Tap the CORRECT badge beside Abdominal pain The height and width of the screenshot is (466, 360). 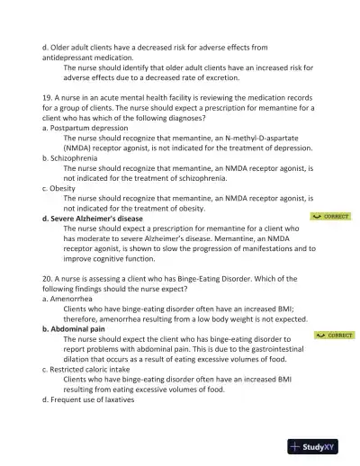[x=334, y=335]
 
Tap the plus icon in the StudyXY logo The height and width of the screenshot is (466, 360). [x=295, y=446]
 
